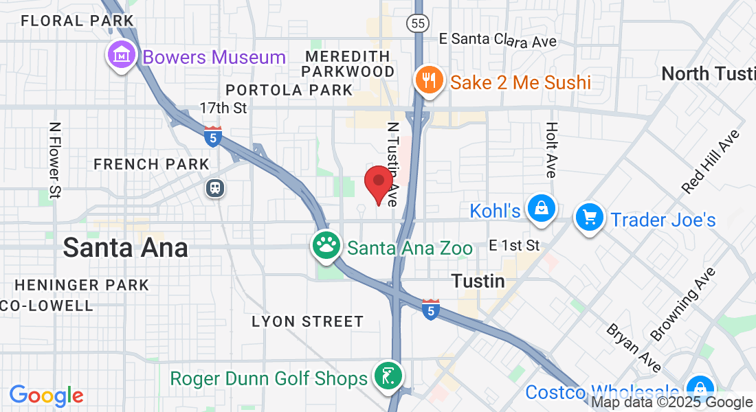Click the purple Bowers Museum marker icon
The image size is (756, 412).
click(x=122, y=54)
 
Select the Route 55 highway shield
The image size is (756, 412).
click(x=416, y=23)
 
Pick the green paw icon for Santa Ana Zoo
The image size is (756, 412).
click(x=327, y=244)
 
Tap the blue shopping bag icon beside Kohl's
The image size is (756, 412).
click(x=541, y=208)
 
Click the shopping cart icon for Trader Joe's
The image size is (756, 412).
click(x=589, y=217)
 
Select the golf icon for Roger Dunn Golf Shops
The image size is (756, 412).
click(x=388, y=376)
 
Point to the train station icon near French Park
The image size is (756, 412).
click(x=216, y=187)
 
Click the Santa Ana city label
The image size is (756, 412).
click(x=125, y=248)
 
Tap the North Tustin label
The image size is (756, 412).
click(x=708, y=74)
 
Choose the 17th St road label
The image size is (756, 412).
click(x=223, y=108)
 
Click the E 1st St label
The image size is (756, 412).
click(x=515, y=245)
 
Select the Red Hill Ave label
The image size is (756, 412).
click(x=710, y=161)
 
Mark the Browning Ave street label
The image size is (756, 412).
click(x=683, y=304)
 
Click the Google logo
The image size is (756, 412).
click(x=47, y=396)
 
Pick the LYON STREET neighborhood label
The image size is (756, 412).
click(x=307, y=321)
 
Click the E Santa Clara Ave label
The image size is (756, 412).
click(x=498, y=41)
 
